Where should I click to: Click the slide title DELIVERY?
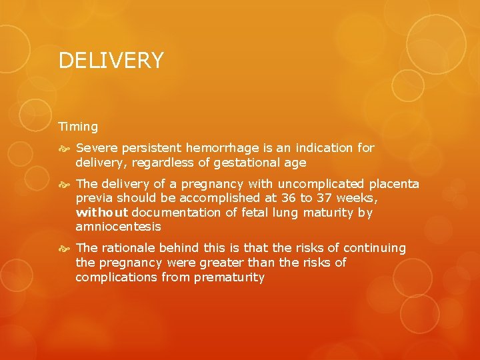[x=111, y=61]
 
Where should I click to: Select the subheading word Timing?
[x=78, y=126]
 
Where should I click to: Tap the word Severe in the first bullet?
[x=96, y=148]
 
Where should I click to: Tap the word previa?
[x=94, y=199]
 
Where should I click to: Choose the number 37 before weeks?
[x=327, y=198]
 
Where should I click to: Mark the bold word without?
[x=102, y=213]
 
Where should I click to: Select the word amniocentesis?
[x=118, y=227]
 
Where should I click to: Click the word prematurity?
[x=229, y=277]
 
